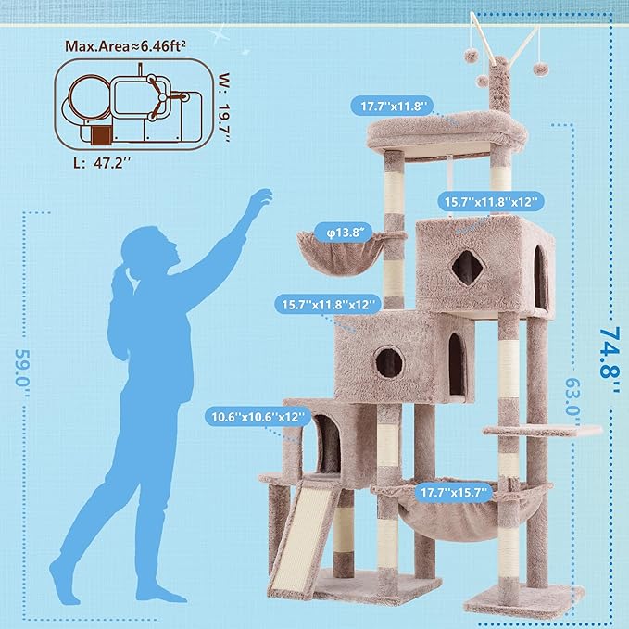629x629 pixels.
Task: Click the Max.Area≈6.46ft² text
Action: coord(124,45)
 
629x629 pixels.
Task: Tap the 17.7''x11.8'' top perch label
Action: coord(393,107)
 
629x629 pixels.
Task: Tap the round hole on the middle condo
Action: coord(388,361)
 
